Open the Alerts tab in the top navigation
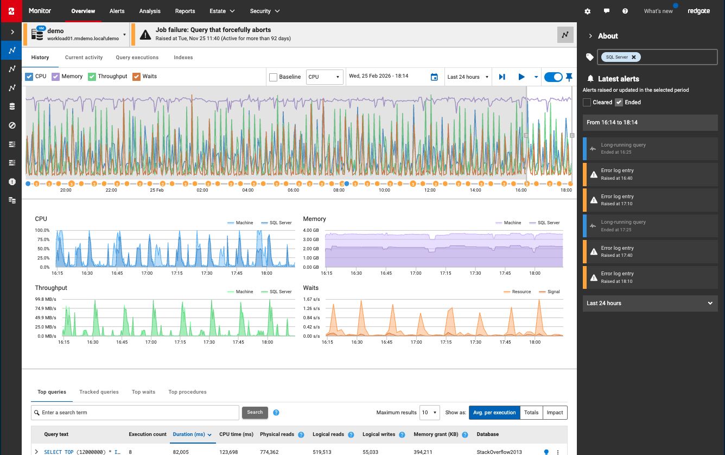(x=117, y=11)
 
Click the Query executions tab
(x=137, y=58)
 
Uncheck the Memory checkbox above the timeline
(x=56, y=77)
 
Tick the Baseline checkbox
(x=274, y=77)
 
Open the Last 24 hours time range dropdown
(x=468, y=77)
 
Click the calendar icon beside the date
(x=434, y=77)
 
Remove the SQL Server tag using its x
(x=633, y=57)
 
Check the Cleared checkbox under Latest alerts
(x=587, y=102)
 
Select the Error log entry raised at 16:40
(x=650, y=174)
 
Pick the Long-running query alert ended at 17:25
(x=650, y=226)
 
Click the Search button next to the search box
(x=255, y=413)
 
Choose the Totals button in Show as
(x=531, y=413)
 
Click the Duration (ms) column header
(x=188, y=434)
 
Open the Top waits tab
(x=144, y=392)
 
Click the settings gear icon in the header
(x=587, y=11)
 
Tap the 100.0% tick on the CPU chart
(x=42, y=231)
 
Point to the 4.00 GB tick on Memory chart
(x=311, y=231)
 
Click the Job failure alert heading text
(x=213, y=30)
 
